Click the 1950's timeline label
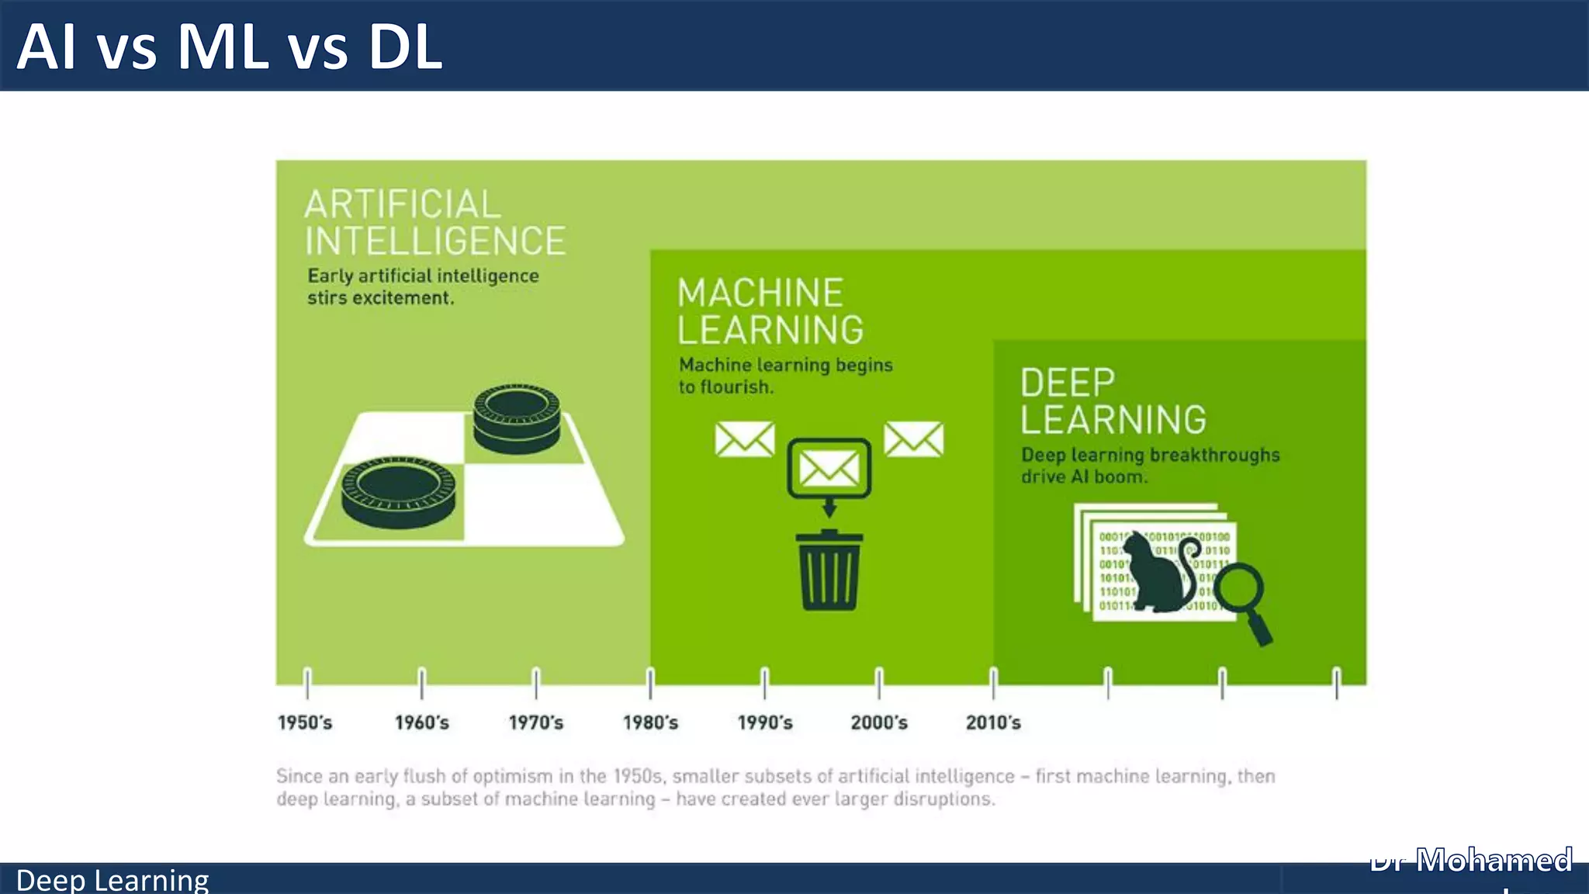(305, 722)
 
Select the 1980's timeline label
(650, 722)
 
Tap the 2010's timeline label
(993, 722)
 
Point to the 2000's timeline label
(879, 722)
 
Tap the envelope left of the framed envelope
(744, 439)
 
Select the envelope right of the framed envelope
(914, 439)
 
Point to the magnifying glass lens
(1239, 590)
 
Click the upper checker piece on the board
(517, 419)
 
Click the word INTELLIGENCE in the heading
(435, 241)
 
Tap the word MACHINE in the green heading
(760, 293)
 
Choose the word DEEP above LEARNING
(1068, 383)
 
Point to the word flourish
(736, 386)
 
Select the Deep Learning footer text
(113, 880)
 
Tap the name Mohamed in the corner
(1494, 860)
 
